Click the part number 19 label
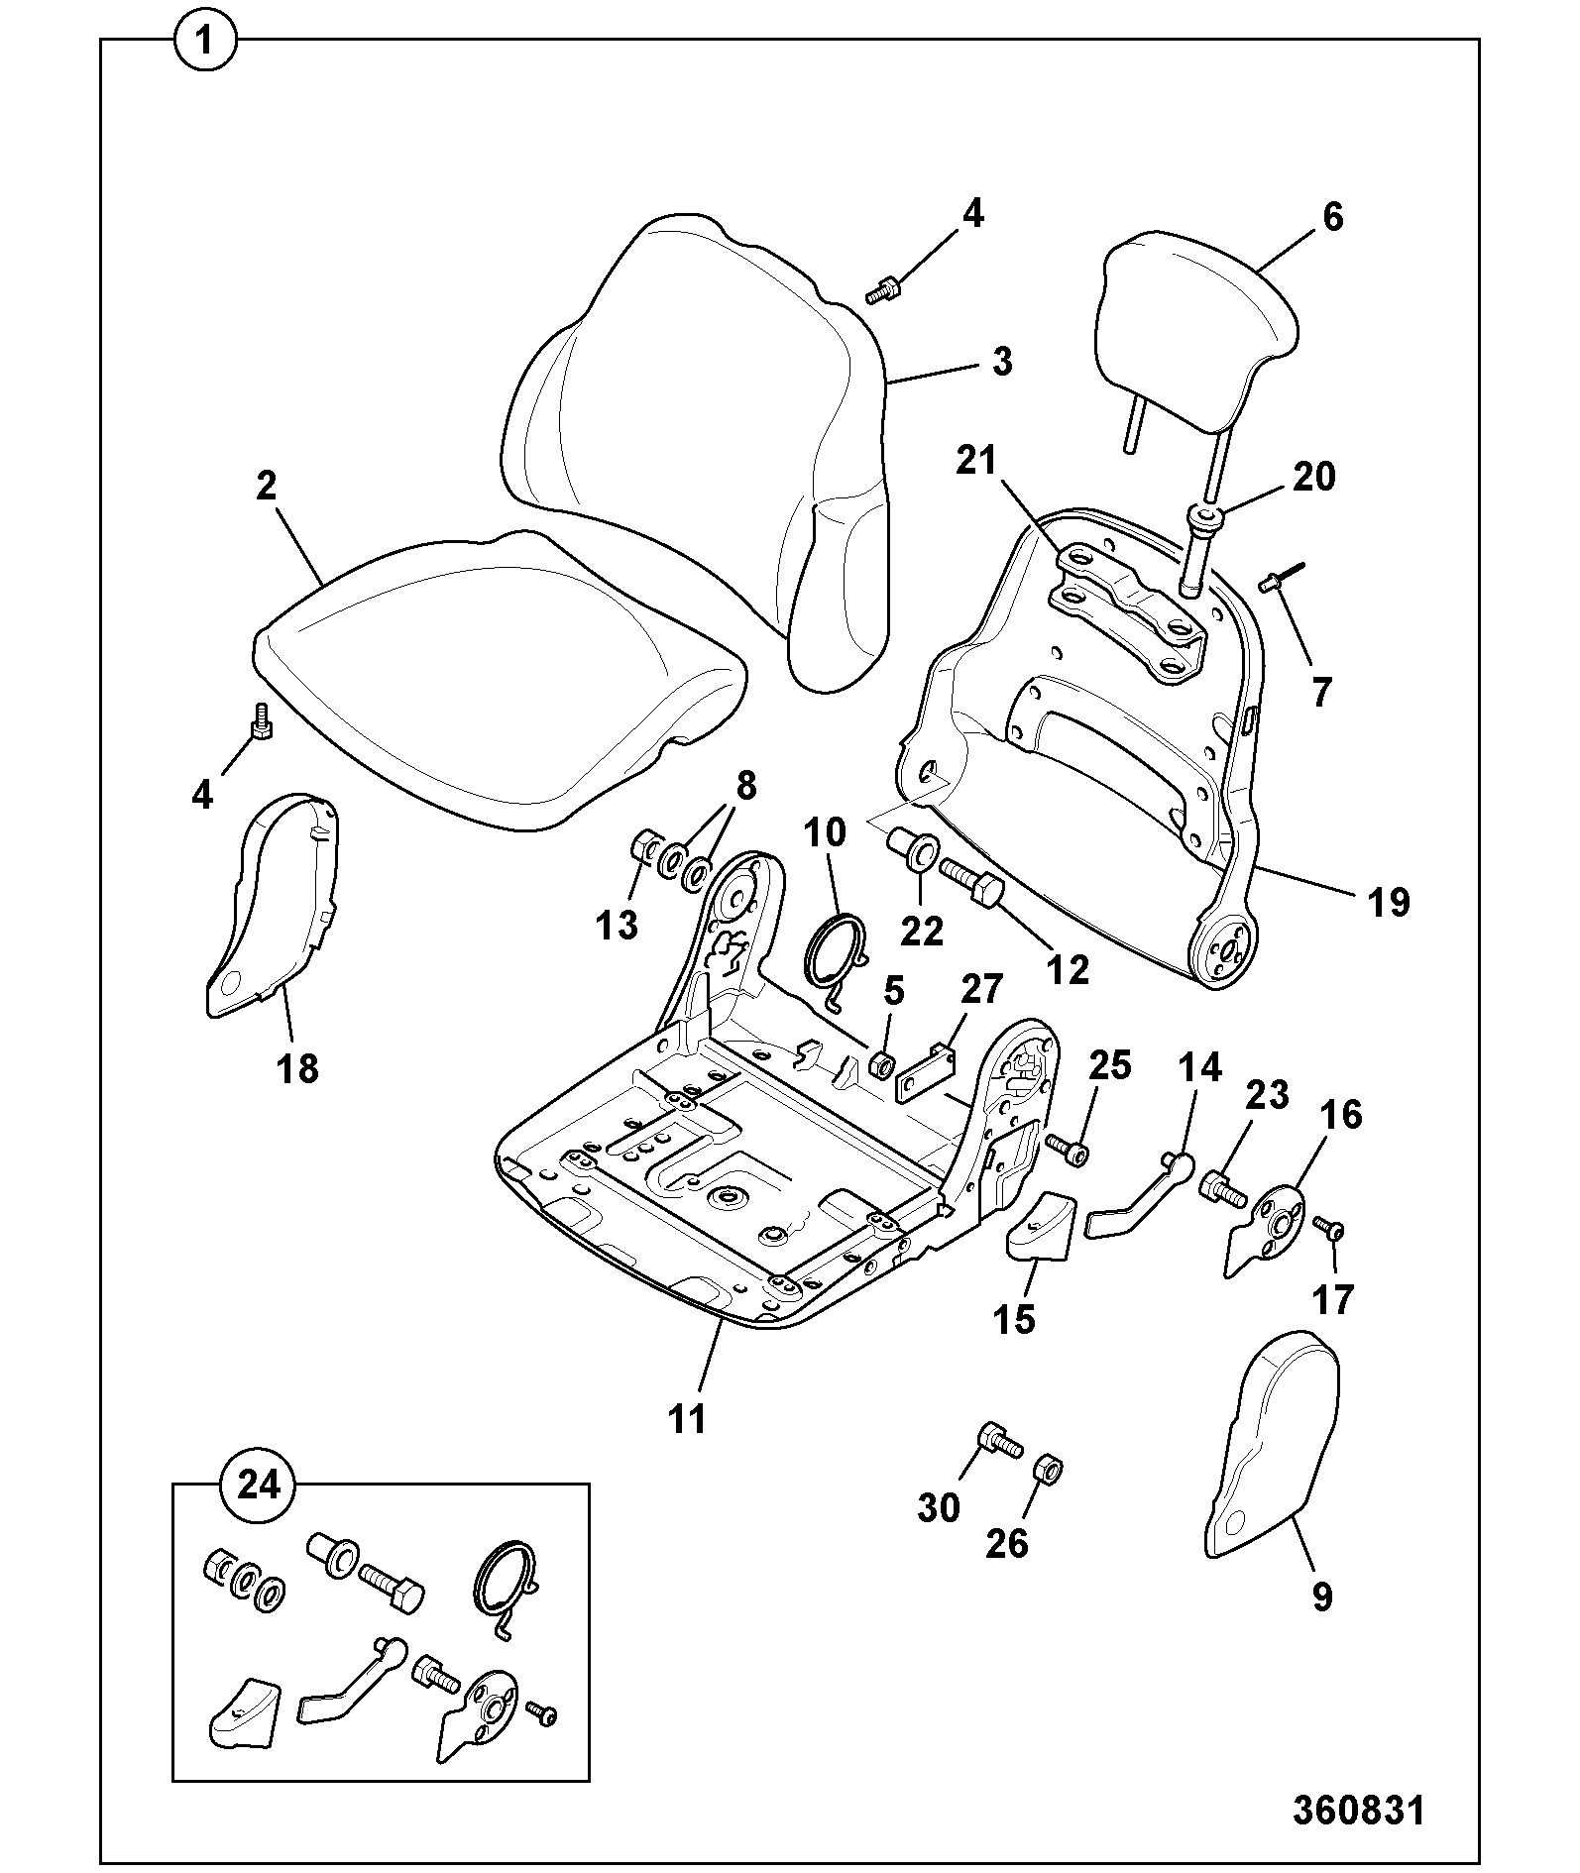1388,902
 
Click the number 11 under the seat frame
687,1418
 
